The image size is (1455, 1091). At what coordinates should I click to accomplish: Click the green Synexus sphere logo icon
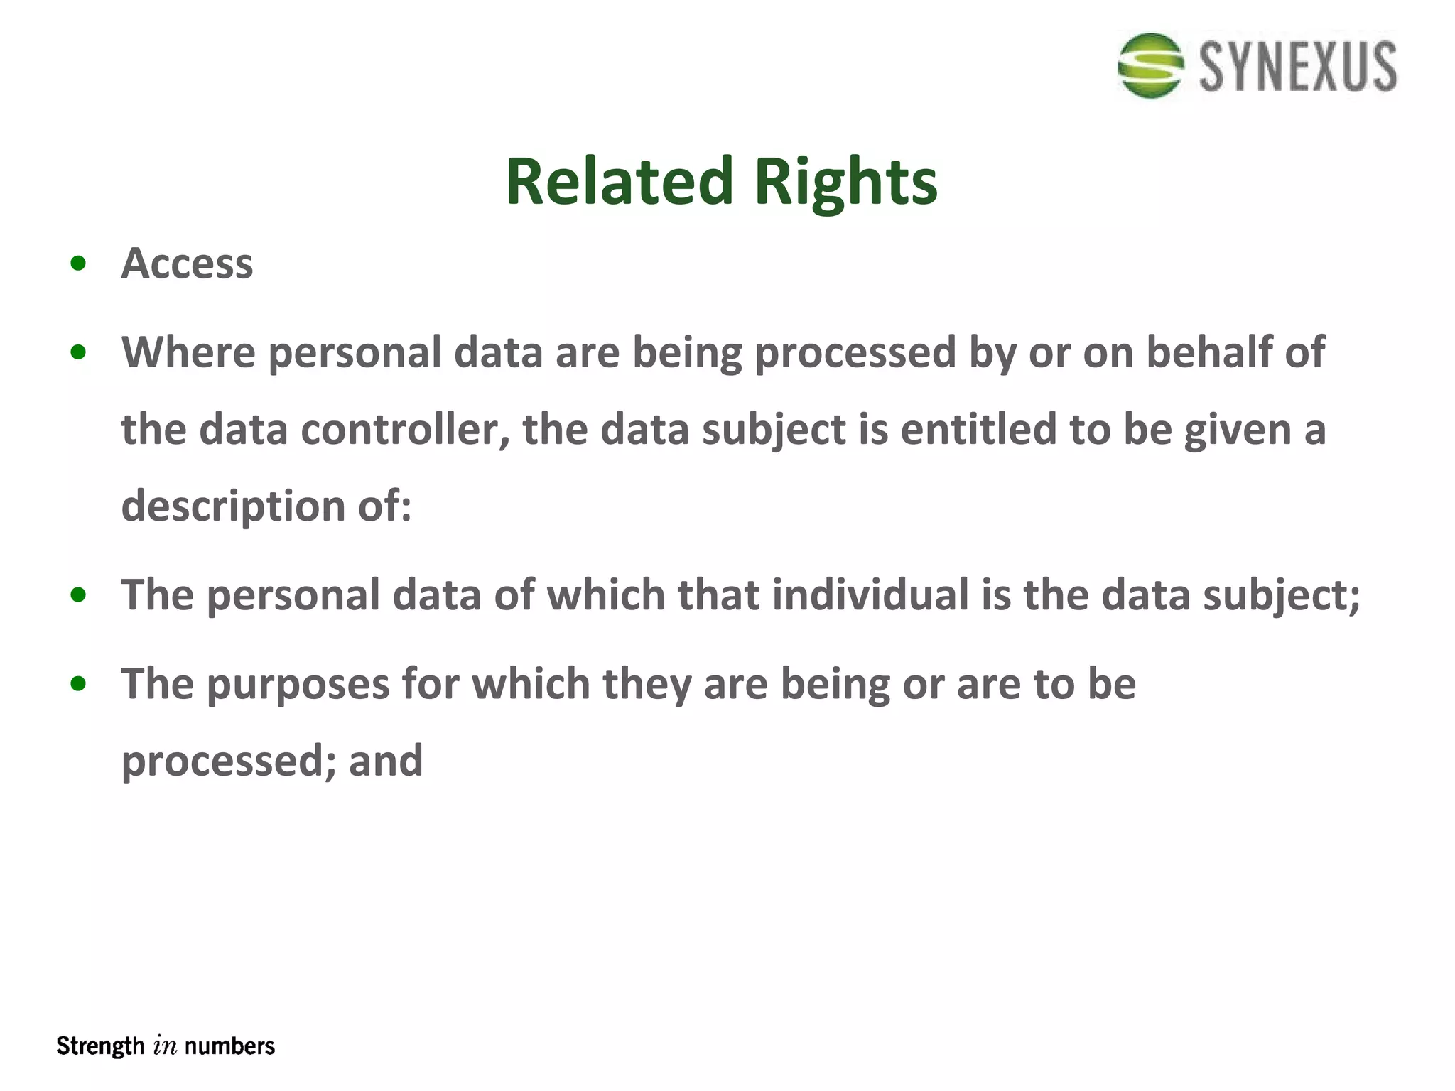tap(1150, 65)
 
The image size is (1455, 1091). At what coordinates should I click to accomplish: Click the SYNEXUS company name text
tap(1298, 67)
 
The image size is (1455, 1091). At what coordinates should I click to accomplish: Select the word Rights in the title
tap(845, 183)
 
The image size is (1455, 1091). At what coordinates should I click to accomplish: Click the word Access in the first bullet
tap(187, 264)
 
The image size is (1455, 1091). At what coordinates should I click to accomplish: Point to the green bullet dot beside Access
tap(79, 264)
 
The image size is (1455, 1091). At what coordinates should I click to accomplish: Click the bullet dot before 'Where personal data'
tap(79, 352)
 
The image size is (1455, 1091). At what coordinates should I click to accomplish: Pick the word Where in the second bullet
tap(188, 352)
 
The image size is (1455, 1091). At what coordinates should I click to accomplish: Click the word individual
tap(870, 595)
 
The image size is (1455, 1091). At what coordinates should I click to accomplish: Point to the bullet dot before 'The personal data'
tap(79, 595)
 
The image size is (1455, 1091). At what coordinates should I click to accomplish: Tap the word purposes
tap(298, 685)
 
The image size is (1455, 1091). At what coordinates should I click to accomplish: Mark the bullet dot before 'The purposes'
tap(79, 685)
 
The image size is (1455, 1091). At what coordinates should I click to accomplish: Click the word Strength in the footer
tap(100, 1046)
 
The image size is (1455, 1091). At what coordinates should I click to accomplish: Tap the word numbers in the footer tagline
tap(229, 1046)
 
